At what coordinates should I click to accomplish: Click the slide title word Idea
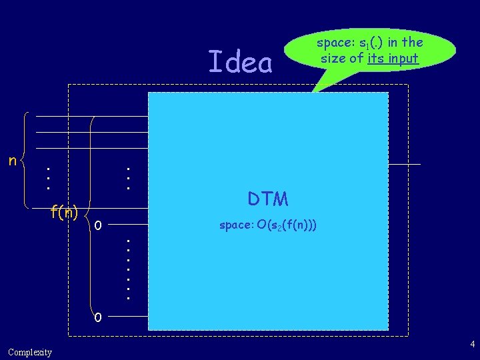pyautogui.click(x=241, y=63)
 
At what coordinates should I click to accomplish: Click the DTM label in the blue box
pyautogui.click(x=268, y=199)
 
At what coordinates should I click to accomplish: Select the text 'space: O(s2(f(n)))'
pyautogui.click(x=268, y=225)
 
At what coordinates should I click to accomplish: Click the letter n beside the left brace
pyautogui.click(x=12, y=160)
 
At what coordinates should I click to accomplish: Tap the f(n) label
pyautogui.click(x=64, y=213)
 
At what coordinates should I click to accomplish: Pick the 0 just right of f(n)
pyautogui.click(x=98, y=224)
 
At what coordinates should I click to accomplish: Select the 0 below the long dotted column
pyautogui.click(x=98, y=317)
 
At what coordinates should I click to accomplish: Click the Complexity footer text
pyautogui.click(x=30, y=352)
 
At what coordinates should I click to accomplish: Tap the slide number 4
pyautogui.click(x=472, y=345)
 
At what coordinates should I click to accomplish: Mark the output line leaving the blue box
pyautogui.click(x=405, y=163)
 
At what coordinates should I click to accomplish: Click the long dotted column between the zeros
pyautogui.click(x=127, y=267)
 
